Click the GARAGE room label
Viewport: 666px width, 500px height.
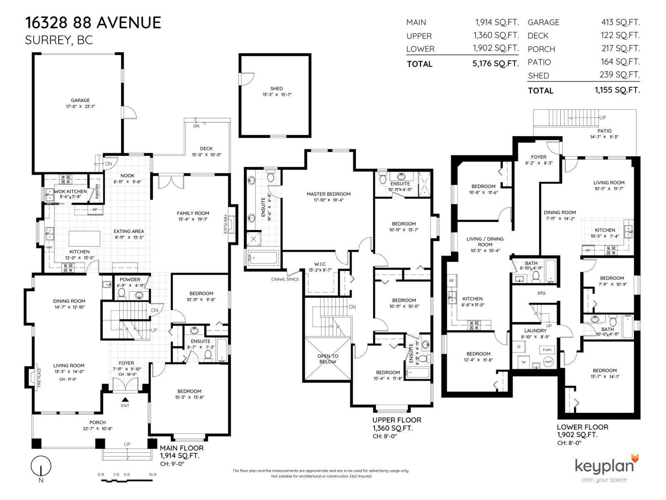pos(80,100)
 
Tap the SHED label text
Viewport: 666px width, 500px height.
pos(276,88)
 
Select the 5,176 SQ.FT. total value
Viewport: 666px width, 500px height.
pos(496,63)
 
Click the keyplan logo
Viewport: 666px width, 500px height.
pos(606,466)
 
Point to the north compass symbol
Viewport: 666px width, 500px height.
pos(41,465)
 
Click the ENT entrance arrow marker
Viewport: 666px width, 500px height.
pos(125,400)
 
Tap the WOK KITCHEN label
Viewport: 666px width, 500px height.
pos(71,192)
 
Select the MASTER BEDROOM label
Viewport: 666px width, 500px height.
pos(328,194)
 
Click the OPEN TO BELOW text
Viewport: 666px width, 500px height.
pos(328,359)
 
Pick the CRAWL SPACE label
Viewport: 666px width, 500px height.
pos(285,279)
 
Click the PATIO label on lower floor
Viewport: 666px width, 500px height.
pos(604,131)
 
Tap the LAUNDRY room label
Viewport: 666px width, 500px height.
pos(535,330)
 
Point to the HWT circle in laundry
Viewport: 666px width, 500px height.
pos(548,362)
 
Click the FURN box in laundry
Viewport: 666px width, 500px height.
pos(547,350)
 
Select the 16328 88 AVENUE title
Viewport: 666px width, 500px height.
pos(93,22)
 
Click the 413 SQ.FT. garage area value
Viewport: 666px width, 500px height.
pos(620,22)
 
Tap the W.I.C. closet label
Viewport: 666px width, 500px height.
pos(320,264)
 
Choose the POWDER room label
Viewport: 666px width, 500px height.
pos(130,280)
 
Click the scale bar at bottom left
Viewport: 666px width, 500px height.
pos(127,480)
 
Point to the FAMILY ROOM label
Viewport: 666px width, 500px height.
pos(193,213)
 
